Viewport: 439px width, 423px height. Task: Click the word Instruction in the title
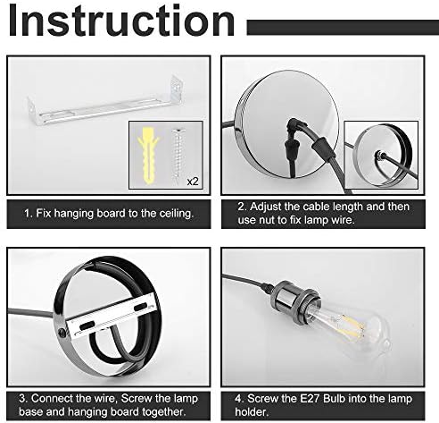tap(122, 21)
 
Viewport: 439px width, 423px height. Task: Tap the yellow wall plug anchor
tap(148, 156)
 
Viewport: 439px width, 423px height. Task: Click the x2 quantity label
tap(193, 181)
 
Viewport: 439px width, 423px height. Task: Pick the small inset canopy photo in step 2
tap(381, 155)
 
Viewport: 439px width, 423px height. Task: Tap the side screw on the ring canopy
tap(62, 333)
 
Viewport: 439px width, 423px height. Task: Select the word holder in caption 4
tap(252, 412)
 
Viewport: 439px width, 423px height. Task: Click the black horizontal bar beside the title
tap(343, 28)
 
